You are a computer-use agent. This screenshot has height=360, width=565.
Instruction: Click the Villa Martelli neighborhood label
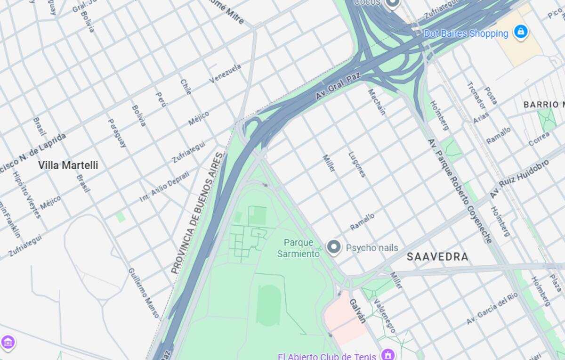68,165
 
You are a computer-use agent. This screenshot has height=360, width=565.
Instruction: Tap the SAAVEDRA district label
437,257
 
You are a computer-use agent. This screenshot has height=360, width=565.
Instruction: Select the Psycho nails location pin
334,247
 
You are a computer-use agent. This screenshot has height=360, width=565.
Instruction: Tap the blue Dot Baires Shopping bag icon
520,32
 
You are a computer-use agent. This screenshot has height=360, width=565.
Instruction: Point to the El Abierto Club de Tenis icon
387,354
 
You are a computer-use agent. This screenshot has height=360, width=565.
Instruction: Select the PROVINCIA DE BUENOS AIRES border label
197,213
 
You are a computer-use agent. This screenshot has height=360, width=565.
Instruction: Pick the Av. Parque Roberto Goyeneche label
460,190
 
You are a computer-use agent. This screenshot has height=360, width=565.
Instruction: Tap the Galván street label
357,311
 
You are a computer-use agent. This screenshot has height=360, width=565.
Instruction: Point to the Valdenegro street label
384,316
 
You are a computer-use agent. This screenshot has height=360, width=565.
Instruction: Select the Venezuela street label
225,74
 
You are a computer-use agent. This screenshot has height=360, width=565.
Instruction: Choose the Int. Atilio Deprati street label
164,187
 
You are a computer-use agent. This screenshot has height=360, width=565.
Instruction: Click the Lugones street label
357,164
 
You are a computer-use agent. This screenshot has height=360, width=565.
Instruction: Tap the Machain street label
376,102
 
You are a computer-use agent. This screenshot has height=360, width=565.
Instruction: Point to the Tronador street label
476,95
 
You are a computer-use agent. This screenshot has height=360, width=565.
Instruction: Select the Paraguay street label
117,132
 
